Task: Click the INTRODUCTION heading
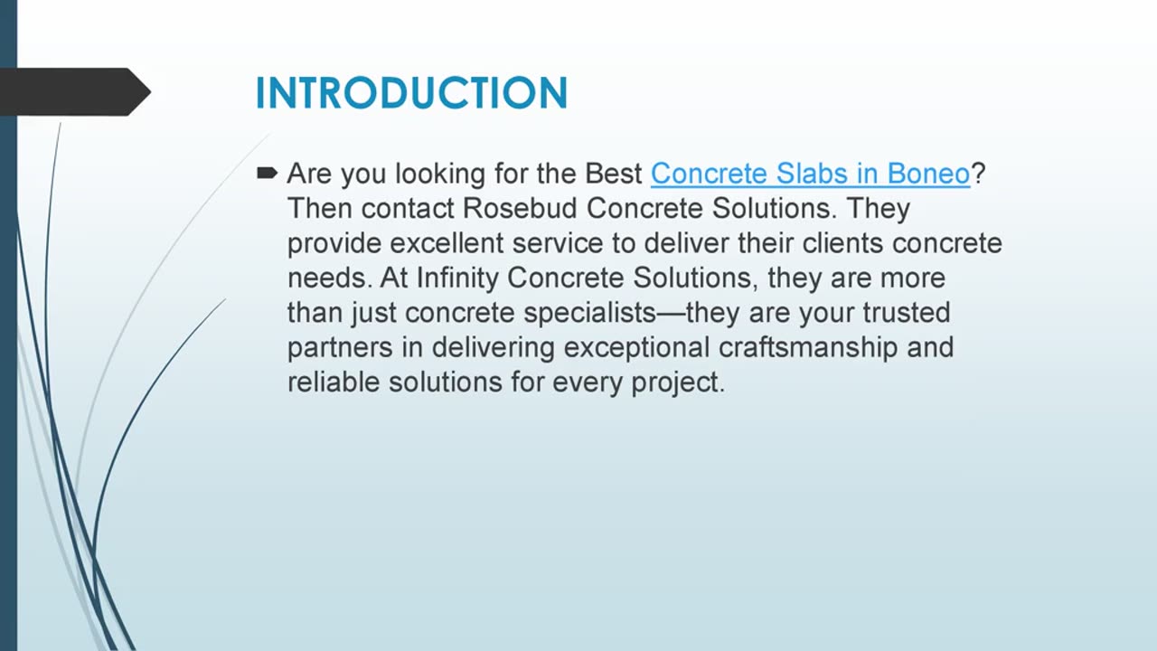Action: click(411, 93)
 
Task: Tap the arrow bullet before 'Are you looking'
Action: click(267, 173)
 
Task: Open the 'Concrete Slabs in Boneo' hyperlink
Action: click(810, 174)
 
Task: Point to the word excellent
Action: click(447, 243)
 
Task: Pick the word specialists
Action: click(590, 313)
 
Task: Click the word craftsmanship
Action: click(808, 348)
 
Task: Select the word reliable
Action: click(334, 382)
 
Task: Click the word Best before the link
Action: click(614, 174)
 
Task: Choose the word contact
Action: click(408, 209)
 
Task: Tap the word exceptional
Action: click(636, 348)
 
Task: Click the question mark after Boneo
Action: click(978, 173)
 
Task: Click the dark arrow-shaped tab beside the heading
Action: click(75, 92)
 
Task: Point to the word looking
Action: click(440, 175)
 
